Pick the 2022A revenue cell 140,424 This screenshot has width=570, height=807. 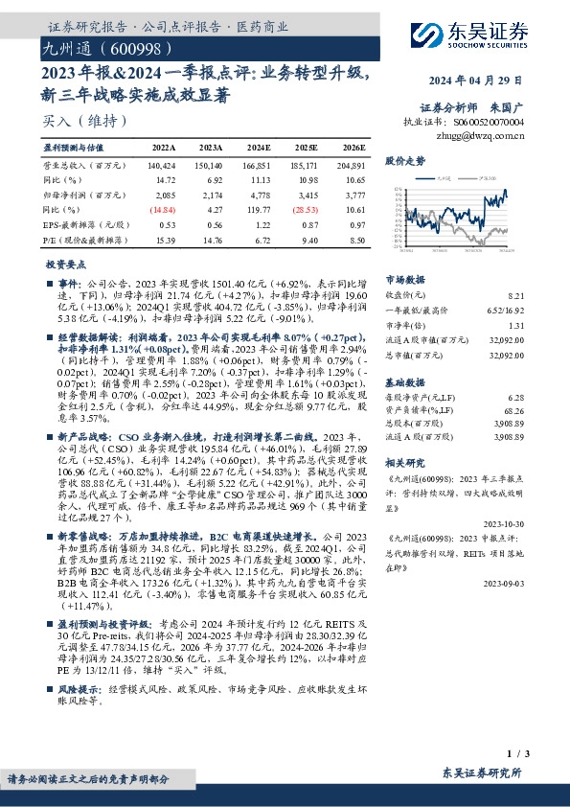(x=165, y=166)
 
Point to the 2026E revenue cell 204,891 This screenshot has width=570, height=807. (x=351, y=166)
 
